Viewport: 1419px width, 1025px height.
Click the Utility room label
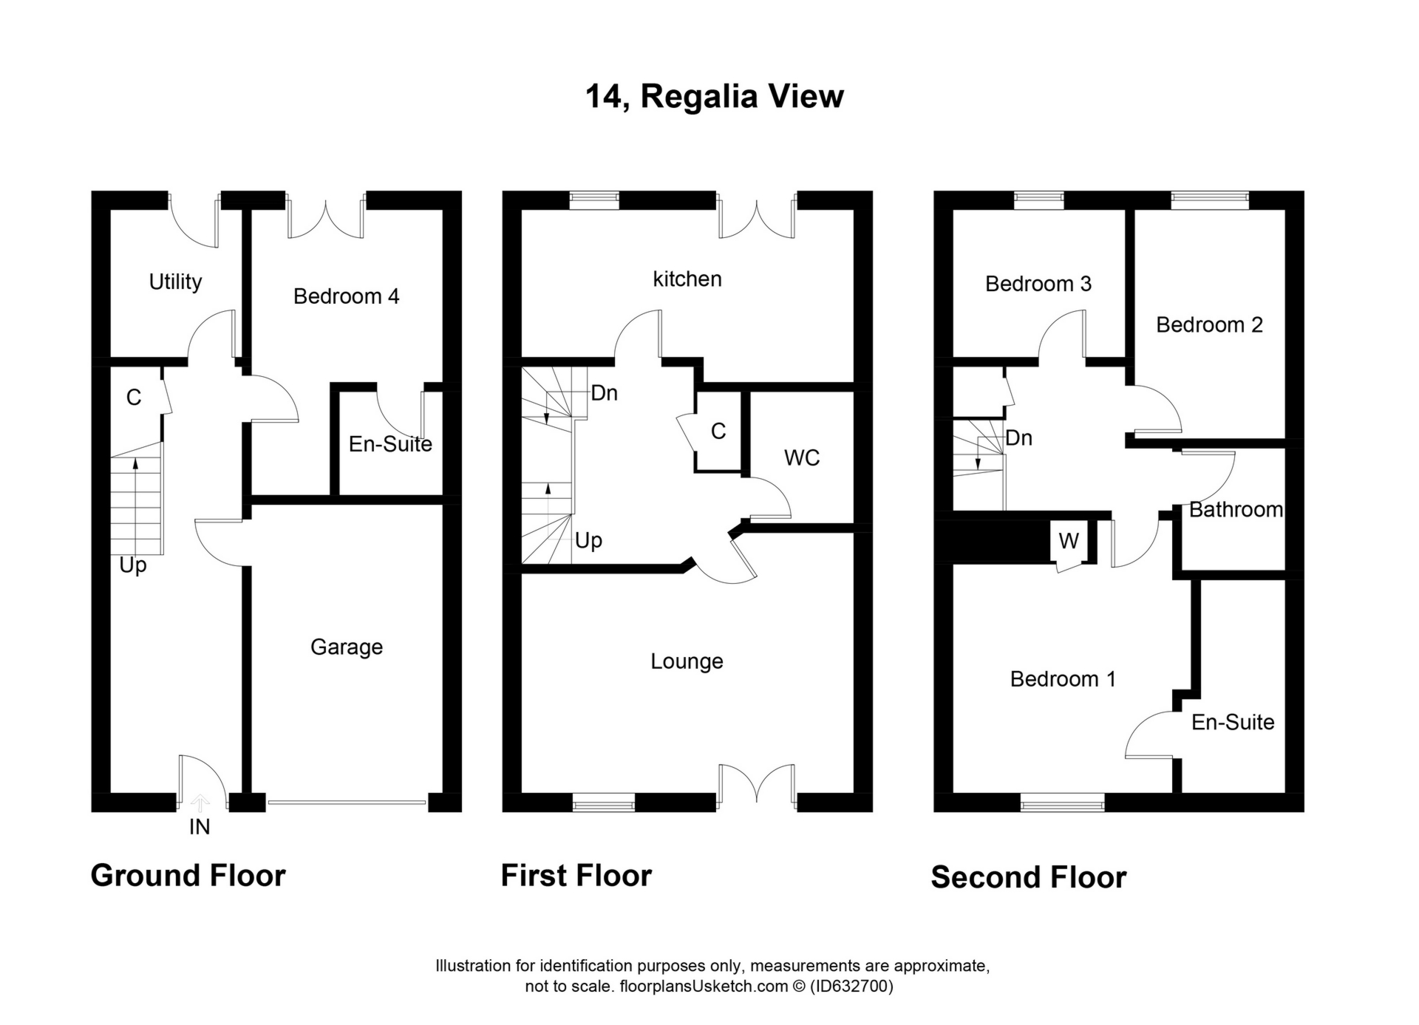[175, 282]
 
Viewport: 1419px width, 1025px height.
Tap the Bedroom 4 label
[346, 296]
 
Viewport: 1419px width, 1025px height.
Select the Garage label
[347, 647]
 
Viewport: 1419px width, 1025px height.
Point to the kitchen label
[687, 279]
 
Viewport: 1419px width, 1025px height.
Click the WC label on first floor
[802, 457]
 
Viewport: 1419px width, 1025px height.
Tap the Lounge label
[687, 661]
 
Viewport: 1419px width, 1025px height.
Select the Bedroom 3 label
[1038, 284]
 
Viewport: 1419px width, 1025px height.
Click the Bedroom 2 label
[1209, 324]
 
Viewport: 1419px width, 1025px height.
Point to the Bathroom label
[1236, 509]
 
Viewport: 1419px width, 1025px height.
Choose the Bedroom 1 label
[1063, 678]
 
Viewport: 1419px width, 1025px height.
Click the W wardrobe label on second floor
[1068, 541]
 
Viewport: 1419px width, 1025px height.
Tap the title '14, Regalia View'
[714, 96]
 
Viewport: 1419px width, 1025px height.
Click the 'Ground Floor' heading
[188, 876]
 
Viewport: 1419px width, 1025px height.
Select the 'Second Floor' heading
[1028, 877]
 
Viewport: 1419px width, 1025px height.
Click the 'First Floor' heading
[576, 876]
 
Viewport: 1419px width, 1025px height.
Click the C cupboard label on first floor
[718, 431]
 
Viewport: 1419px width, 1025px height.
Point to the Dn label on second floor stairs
[1018, 437]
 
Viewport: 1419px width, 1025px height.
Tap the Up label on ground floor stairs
[133, 565]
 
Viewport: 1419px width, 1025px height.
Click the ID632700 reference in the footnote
[851, 986]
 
